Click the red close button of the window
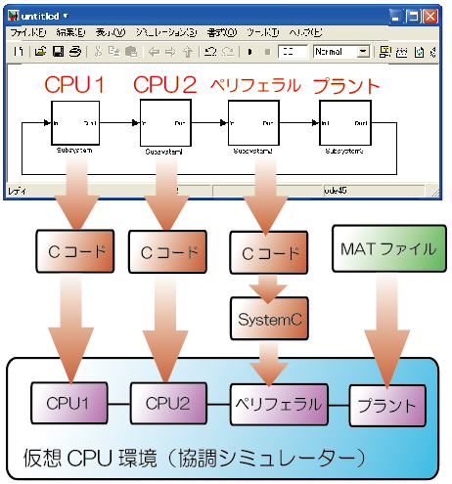tap(431, 16)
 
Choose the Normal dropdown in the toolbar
tap(341, 51)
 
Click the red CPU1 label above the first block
tap(74, 85)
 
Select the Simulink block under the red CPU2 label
tap(162, 124)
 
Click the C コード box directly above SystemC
tap(265, 253)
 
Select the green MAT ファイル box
tap(387, 249)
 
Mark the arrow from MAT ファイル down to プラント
tap(389, 328)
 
